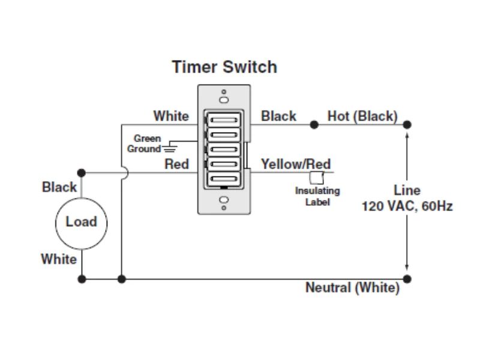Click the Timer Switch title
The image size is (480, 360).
(224, 67)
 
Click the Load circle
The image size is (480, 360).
(81, 222)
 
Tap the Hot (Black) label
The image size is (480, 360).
(362, 116)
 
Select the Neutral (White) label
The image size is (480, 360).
(352, 287)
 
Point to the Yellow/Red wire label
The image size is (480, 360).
(295, 164)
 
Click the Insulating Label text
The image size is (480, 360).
(317, 196)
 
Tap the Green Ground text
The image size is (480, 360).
(146, 143)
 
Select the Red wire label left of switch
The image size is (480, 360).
(176, 164)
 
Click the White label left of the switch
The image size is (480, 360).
(171, 116)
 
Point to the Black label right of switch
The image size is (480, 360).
(278, 116)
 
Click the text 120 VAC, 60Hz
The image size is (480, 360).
(407, 206)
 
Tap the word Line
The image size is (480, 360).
(407, 191)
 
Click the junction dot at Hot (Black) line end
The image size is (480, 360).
(407, 125)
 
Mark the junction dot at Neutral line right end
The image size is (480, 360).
(407, 279)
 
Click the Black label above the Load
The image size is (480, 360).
(59, 187)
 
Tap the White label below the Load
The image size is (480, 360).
(59, 259)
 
